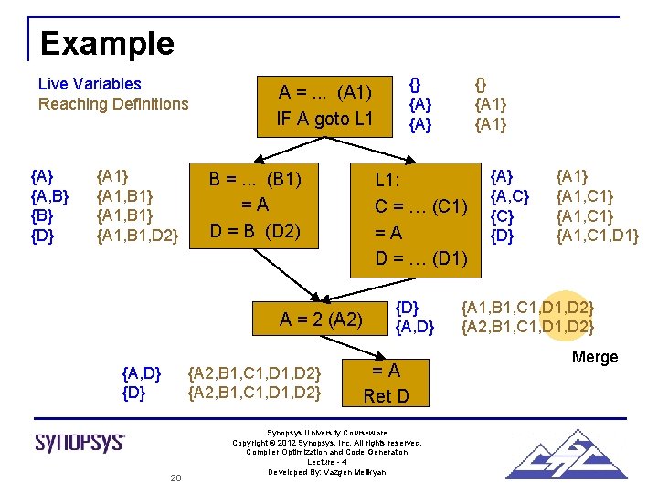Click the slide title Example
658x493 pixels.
point(107,44)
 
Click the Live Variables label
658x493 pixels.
point(90,84)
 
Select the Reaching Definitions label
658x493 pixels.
point(113,104)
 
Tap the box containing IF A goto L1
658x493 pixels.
point(325,105)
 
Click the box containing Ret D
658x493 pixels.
point(386,383)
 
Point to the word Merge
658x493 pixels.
point(595,357)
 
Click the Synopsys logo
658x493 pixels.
point(80,443)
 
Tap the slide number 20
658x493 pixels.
point(177,478)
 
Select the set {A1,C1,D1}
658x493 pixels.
point(599,236)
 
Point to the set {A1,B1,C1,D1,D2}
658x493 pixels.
point(528,306)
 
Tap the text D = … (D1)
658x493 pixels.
point(421,258)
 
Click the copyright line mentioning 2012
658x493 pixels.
point(327,442)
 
